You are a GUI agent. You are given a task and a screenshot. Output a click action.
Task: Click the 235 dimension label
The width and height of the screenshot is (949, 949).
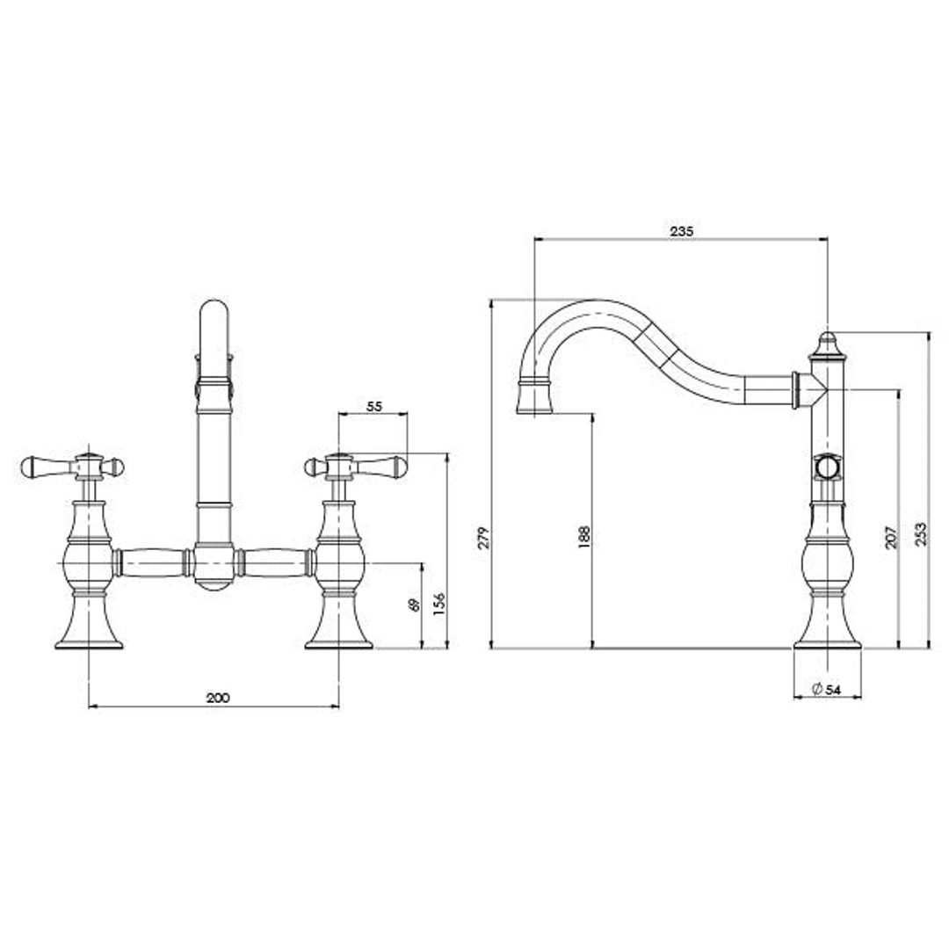click(x=682, y=231)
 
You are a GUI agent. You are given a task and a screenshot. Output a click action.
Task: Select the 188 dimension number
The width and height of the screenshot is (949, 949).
click(x=585, y=538)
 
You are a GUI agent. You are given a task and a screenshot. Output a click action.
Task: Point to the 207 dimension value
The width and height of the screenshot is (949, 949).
click(x=890, y=538)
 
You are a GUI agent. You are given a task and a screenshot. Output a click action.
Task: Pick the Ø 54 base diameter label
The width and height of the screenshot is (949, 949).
click(x=827, y=690)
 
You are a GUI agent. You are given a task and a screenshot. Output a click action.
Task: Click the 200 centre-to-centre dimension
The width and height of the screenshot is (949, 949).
click(x=217, y=698)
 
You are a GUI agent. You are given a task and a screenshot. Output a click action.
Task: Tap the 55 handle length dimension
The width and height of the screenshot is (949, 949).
click(x=373, y=407)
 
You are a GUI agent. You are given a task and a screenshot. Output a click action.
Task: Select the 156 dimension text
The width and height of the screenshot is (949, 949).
click(x=439, y=605)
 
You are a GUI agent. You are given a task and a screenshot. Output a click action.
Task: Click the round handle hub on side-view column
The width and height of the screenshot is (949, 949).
click(x=827, y=467)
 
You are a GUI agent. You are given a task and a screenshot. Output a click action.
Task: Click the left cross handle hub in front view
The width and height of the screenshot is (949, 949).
click(x=89, y=467)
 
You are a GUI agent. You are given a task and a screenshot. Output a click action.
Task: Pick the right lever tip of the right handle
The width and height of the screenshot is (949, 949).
click(x=398, y=465)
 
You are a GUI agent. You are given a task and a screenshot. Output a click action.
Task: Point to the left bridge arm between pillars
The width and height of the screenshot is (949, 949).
click(x=150, y=562)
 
